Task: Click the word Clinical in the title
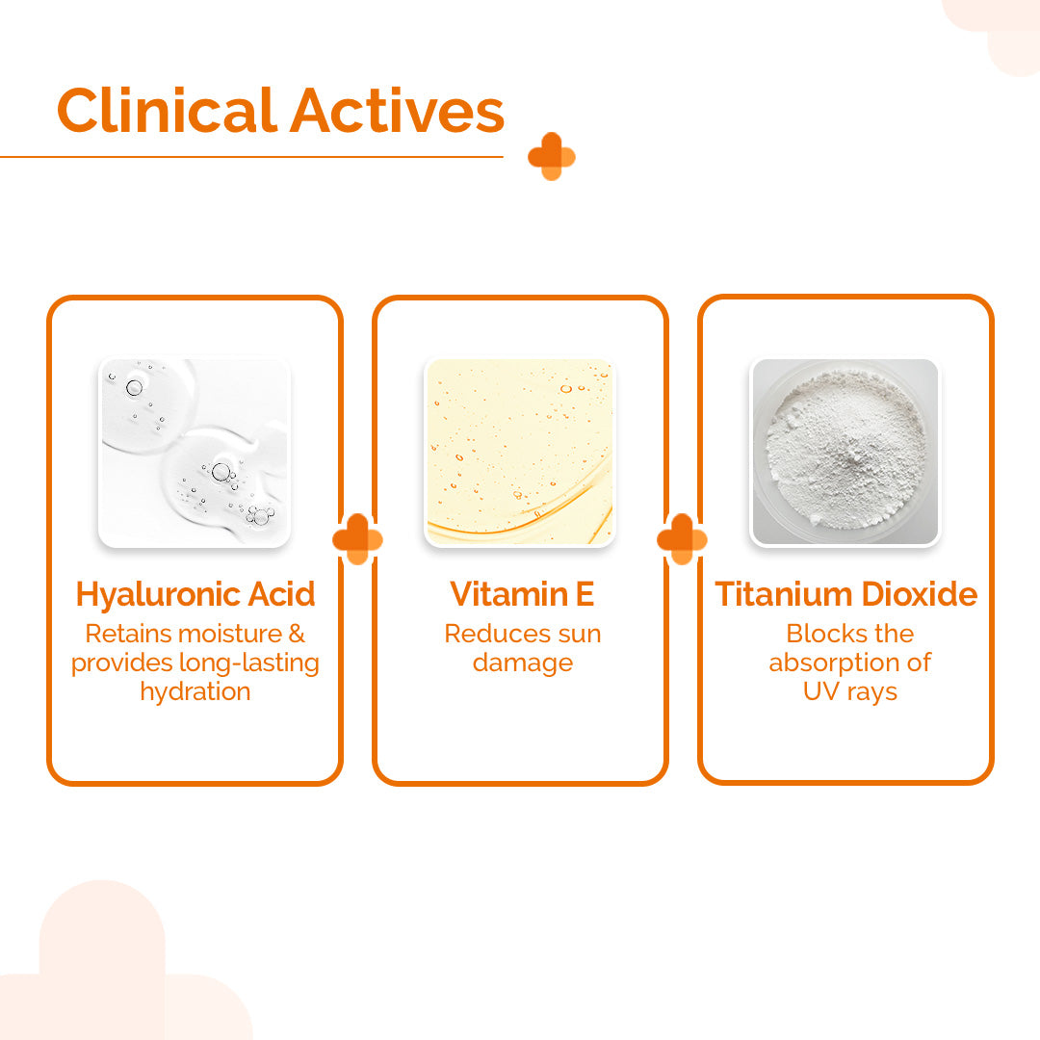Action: pyautogui.click(x=166, y=111)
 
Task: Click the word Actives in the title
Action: pyautogui.click(x=397, y=111)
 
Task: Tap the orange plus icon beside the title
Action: pyautogui.click(x=551, y=157)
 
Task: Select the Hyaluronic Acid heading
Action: pyautogui.click(x=195, y=594)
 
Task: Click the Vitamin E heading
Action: pyautogui.click(x=522, y=594)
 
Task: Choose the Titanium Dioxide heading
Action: pyautogui.click(x=845, y=594)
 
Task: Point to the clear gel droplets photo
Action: pyautogui.click(x=195, y=453)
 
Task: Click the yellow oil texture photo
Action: pyautogui.click(x=520, y=453)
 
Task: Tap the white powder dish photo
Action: pyautogui.click(x=845, y=453)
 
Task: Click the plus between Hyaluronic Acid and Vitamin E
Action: pyautogui.click(x=357, y=539)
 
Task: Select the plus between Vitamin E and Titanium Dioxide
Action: pyautogui.click(x=682, y=539)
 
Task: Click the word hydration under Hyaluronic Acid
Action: pyautogui.click(x=195, y=691)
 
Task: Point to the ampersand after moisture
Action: pyautogui.click(x=297, y=634)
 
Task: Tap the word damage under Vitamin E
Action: pyautogui.click(x=522, y=663)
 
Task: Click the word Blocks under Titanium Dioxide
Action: pyautogui.click(x=817, y=634)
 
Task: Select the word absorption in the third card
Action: pyautogui.click(x=834, y=663)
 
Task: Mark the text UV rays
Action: pyautogui.click(x=849, y=691)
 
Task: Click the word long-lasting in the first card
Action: pyautogui.click(x=254, y=663)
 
